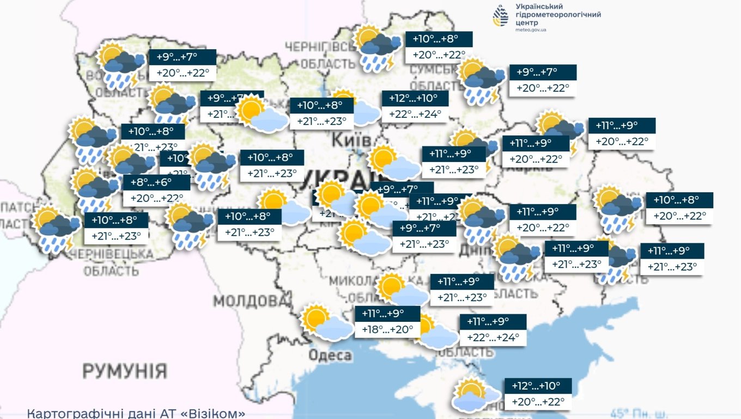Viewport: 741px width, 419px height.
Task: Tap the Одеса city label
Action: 330,356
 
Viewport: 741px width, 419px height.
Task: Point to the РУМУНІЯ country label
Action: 125,371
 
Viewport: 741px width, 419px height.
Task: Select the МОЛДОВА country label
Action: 245,301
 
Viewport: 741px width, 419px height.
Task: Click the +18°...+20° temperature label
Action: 387,330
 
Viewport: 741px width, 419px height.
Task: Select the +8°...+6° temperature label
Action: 156,197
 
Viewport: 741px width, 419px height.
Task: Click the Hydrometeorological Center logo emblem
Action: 500,16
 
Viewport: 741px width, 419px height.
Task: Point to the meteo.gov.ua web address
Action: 530,30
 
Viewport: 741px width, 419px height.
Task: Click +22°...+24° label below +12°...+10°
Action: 415,115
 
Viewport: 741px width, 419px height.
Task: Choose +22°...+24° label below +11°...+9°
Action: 493,337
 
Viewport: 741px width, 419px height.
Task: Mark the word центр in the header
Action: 527,22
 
